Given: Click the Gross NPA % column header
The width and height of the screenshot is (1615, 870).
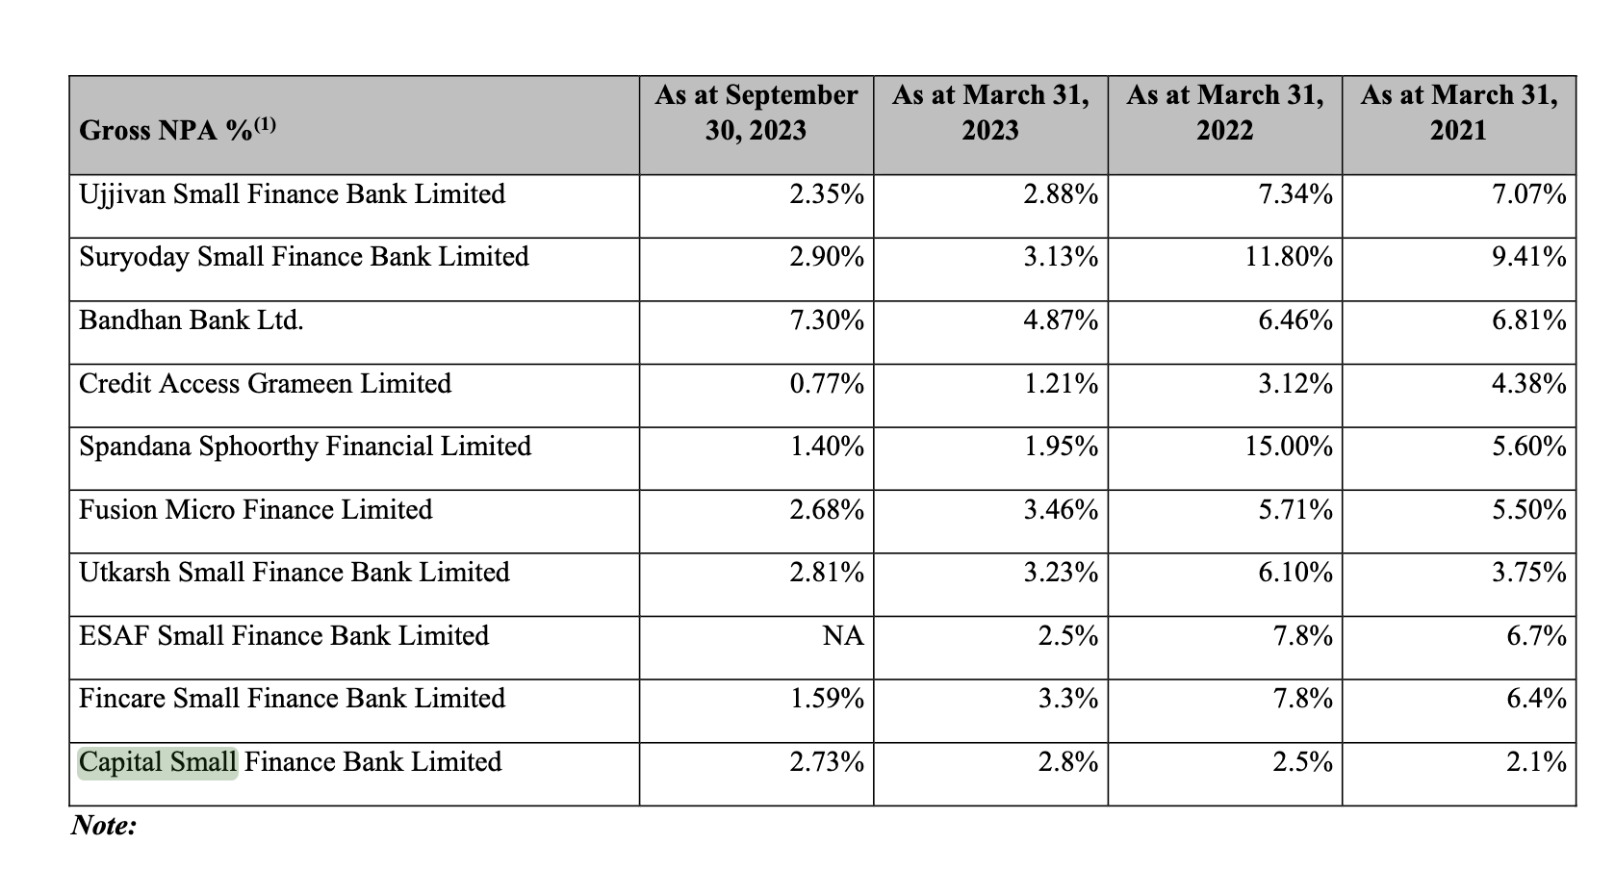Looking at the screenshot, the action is [x=177, y=129].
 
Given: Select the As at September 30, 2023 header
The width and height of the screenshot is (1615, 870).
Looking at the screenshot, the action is [x=756, y=112].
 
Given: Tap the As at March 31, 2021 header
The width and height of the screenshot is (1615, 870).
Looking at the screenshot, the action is [x=1459, y=112].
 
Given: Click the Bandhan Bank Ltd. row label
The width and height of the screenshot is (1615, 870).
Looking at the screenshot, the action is [x=192, y=320].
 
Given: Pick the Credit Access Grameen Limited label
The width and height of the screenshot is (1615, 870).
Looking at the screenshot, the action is [x=265, y=383].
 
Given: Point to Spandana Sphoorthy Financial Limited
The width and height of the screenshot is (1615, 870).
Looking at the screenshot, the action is [x=305, y=447].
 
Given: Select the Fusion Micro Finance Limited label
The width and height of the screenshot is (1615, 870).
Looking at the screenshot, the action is [x=255, y=510].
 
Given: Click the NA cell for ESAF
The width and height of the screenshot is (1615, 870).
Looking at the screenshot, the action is [x=843, y=636].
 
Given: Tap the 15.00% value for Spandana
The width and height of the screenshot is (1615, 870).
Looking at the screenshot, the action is [x=1289, y=447].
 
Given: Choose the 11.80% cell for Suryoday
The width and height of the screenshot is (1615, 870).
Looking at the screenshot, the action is [x=1289, y=257].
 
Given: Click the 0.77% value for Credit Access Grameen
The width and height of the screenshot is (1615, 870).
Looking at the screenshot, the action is [x=827, y=383].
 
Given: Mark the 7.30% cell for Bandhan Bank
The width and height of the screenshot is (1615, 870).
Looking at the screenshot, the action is [x=827, y=320].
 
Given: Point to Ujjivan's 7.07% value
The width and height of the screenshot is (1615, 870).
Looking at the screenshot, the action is [x=1529, y=194].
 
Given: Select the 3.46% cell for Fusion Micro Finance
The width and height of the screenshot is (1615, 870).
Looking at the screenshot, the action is [x=1062, y=510].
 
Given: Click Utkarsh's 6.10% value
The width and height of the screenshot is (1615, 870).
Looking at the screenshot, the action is [x=1295, y=573].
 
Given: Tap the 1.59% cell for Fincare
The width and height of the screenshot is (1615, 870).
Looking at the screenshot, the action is [x=827, y=699].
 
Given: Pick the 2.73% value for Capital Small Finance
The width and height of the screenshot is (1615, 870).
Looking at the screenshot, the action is [x=827, y=762].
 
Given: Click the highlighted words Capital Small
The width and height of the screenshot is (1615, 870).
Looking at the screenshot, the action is [x=158, y=762].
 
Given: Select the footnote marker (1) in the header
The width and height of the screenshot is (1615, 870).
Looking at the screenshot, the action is [x=266, y=125].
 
